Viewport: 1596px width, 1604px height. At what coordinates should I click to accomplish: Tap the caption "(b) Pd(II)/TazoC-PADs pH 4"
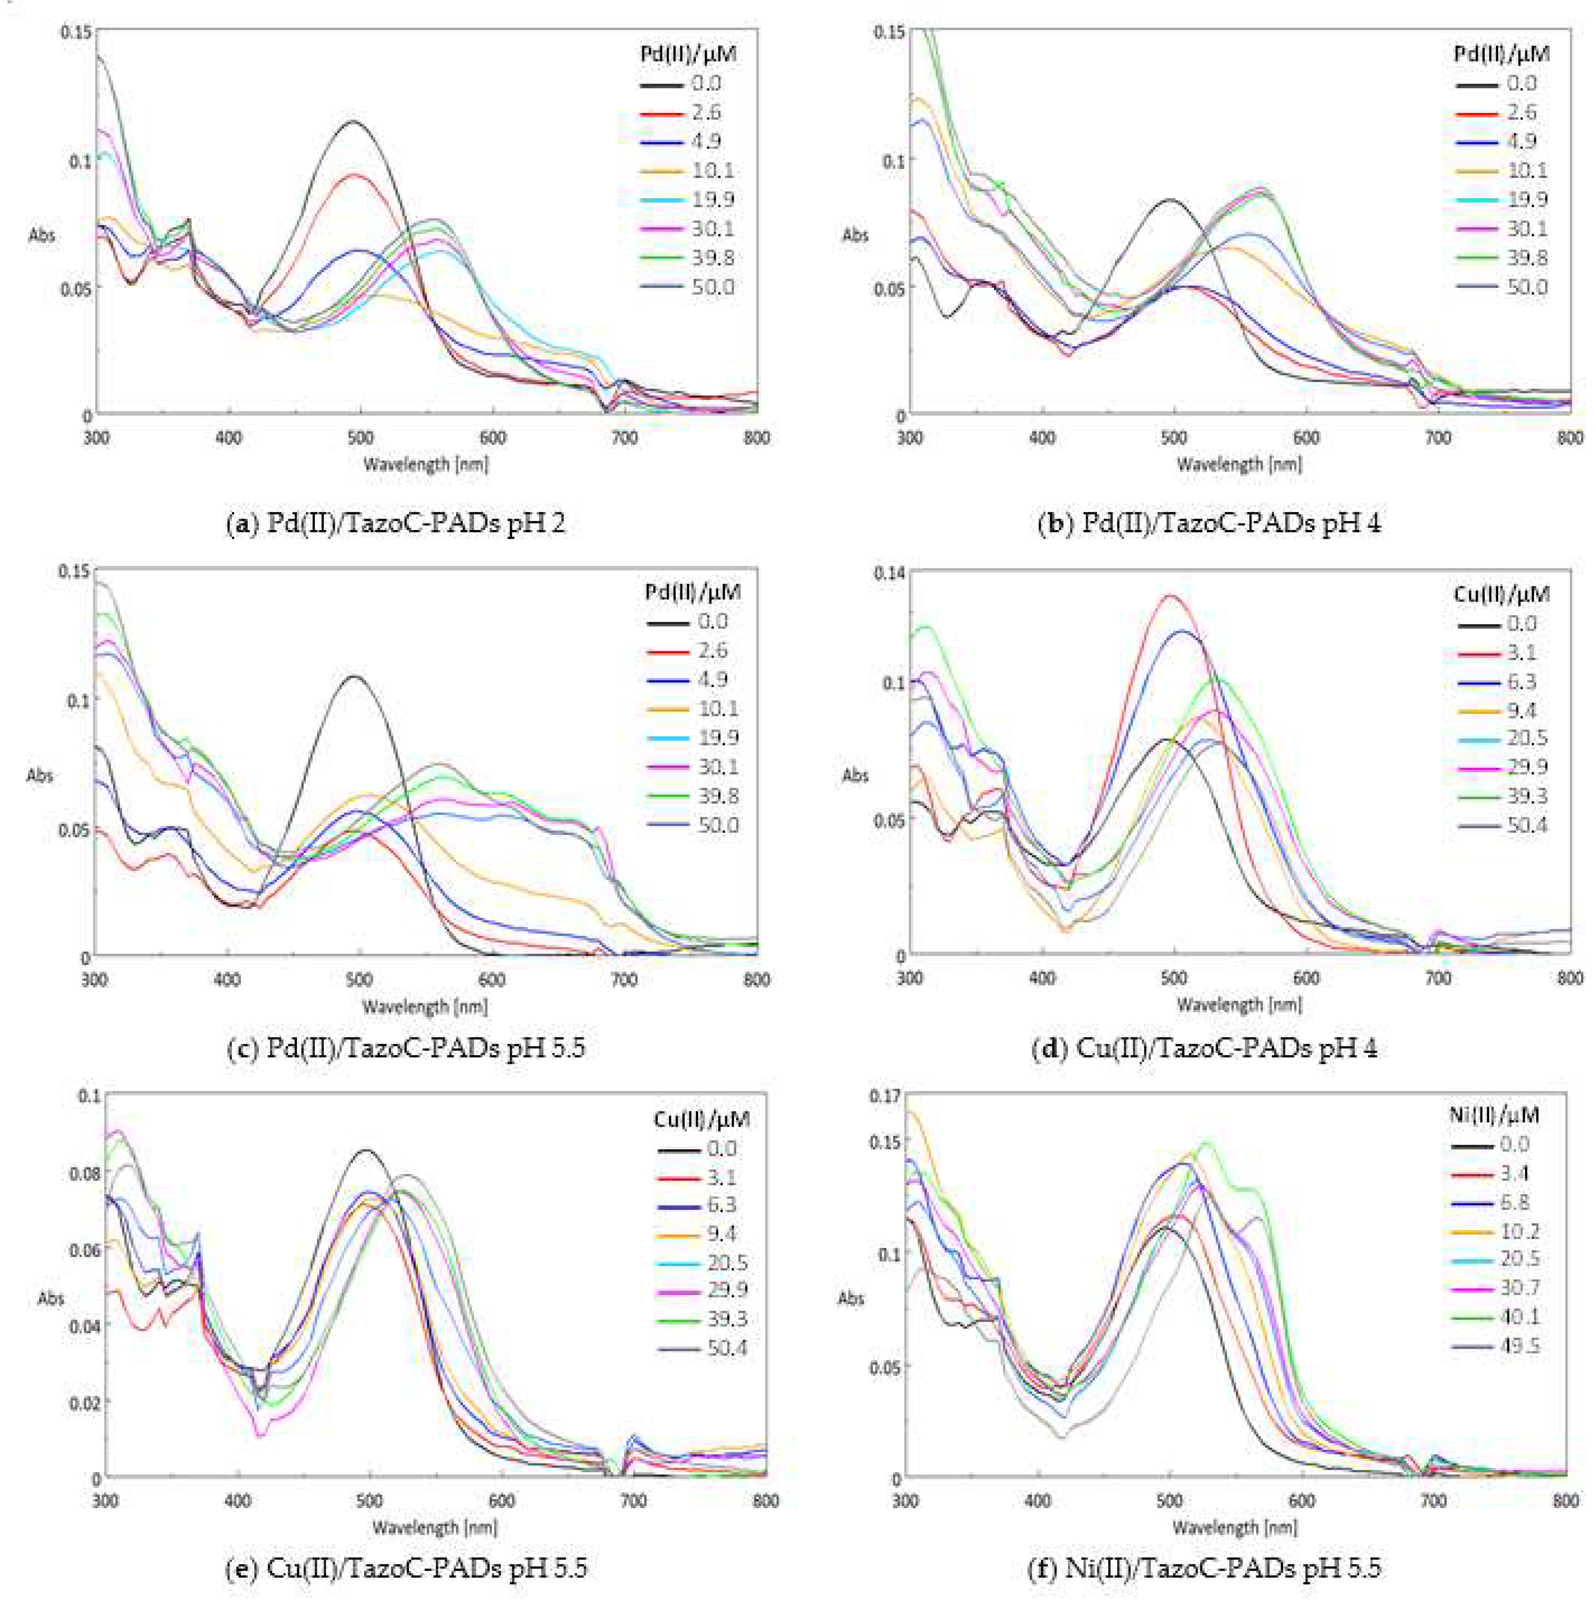(x=1209, y=523)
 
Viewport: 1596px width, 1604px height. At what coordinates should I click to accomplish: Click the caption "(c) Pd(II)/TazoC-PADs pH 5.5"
(x=407, y=1048)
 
